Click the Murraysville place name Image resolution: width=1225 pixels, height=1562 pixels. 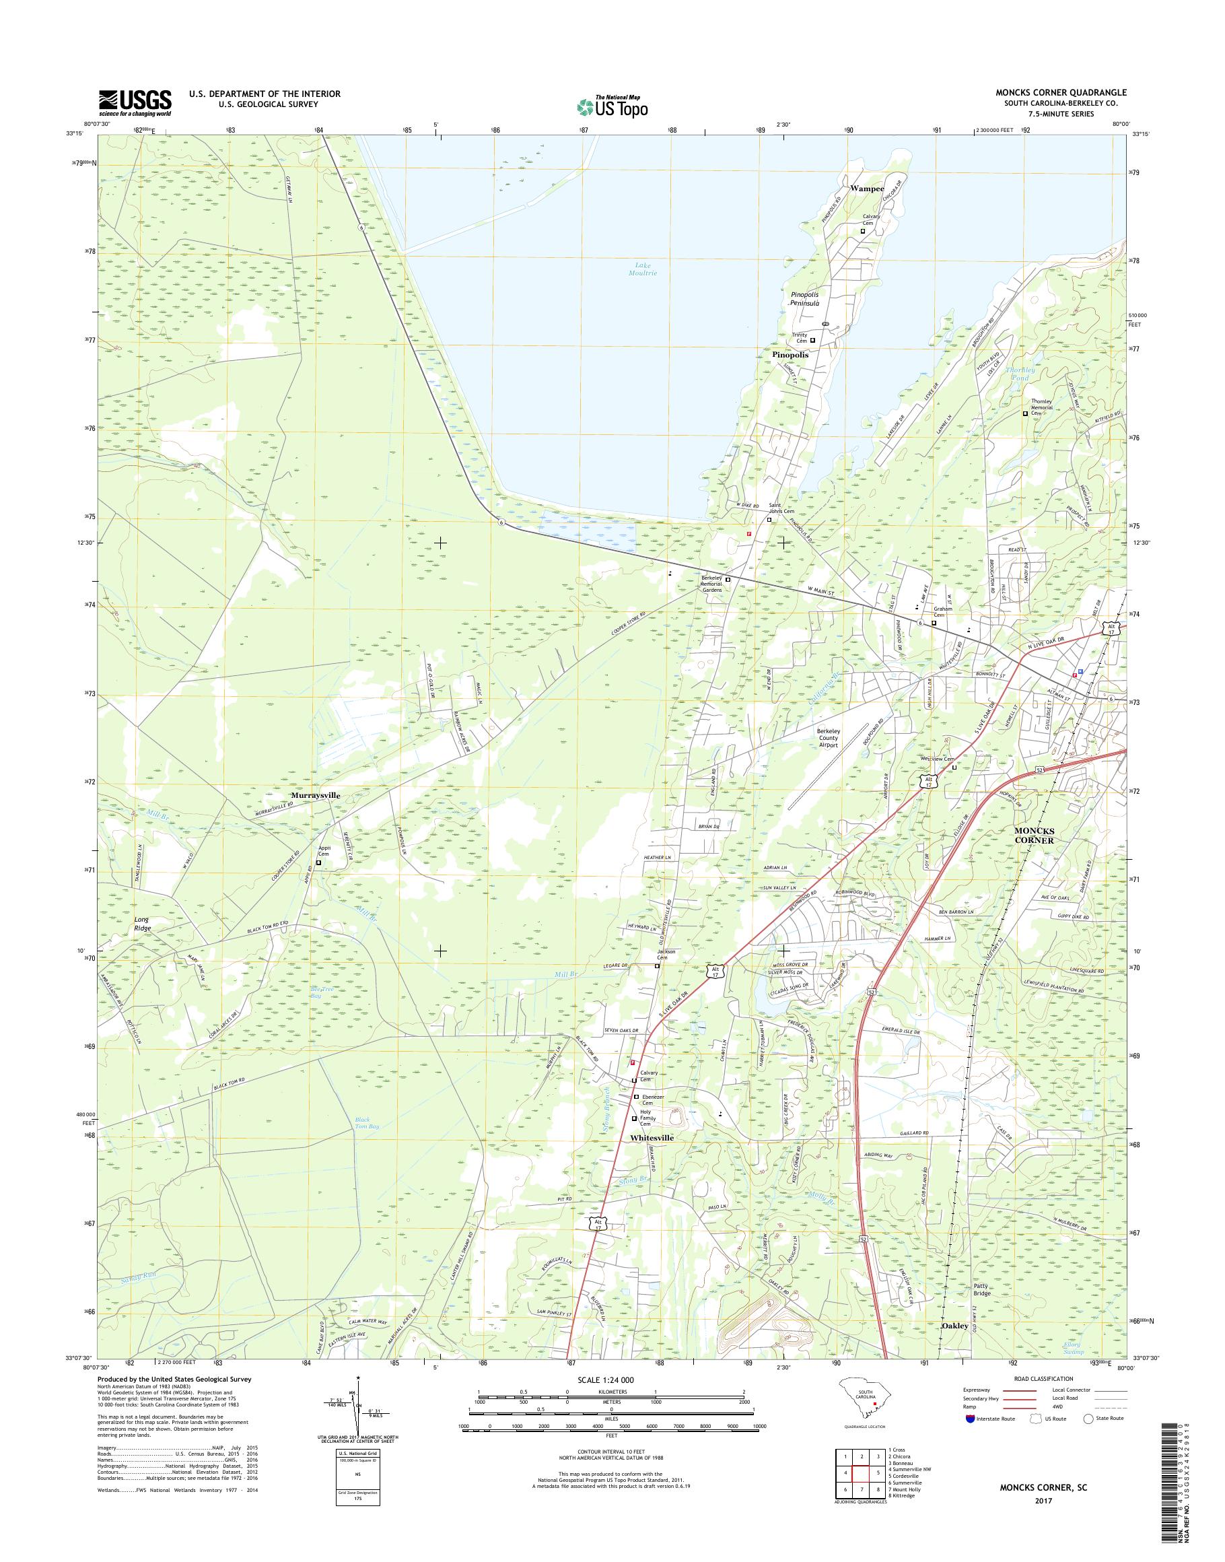(315, 796)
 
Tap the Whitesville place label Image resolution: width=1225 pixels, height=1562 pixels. (652, 1158)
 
